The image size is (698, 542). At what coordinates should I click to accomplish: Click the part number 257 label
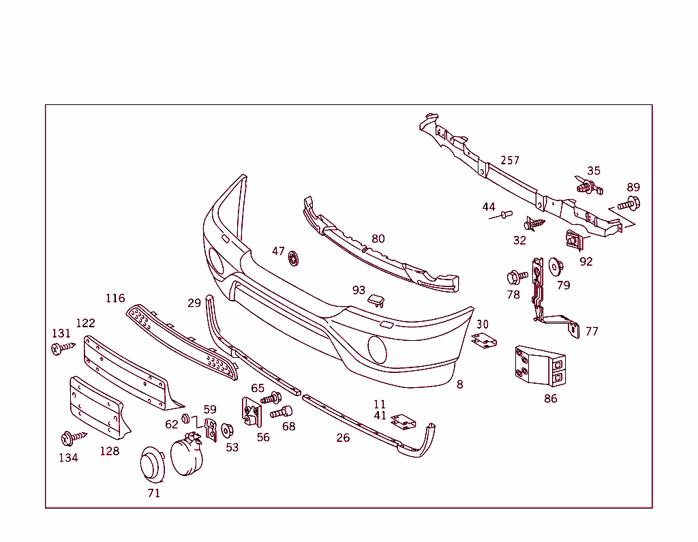coord(510,160)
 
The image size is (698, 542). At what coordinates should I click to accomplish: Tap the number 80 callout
coord(378,239)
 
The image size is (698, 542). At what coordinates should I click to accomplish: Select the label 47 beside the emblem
coord(278,251)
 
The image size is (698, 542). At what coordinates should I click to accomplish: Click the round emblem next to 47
coord(294,258)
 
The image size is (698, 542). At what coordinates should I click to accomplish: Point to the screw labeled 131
coord(62,348)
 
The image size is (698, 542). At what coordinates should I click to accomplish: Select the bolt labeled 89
coord(629,203)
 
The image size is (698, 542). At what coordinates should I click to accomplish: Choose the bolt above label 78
coord(516,277)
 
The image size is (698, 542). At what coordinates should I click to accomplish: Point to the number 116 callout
coord(115,298)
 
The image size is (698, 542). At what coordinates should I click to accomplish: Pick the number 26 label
coord(343,438)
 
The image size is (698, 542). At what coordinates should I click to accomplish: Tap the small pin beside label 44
coord(504,215)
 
